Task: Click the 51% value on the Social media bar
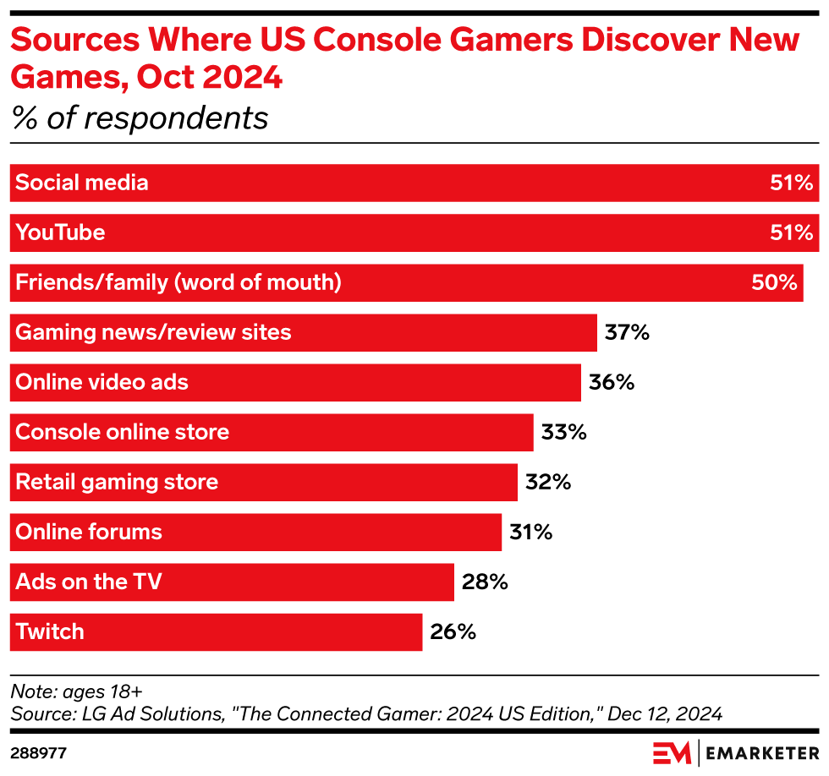click(791, 183)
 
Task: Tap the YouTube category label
click(60, 232)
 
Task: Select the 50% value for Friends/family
click(774, 282)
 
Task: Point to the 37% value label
click(627, 332)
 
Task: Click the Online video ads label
click(102, 382)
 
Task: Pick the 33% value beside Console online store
click(563, 432)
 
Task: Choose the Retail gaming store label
click(117, 482)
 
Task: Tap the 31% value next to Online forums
click(530, 532)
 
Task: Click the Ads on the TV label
click(88, 582)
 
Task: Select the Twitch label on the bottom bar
click(50, 631)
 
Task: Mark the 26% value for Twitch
click(453, 631)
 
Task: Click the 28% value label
click(484, 582)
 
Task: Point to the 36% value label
click(611, 382)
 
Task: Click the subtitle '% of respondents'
click(140, 117)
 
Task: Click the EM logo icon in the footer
click(672, 751)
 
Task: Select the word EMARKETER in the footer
click(761, 751)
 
